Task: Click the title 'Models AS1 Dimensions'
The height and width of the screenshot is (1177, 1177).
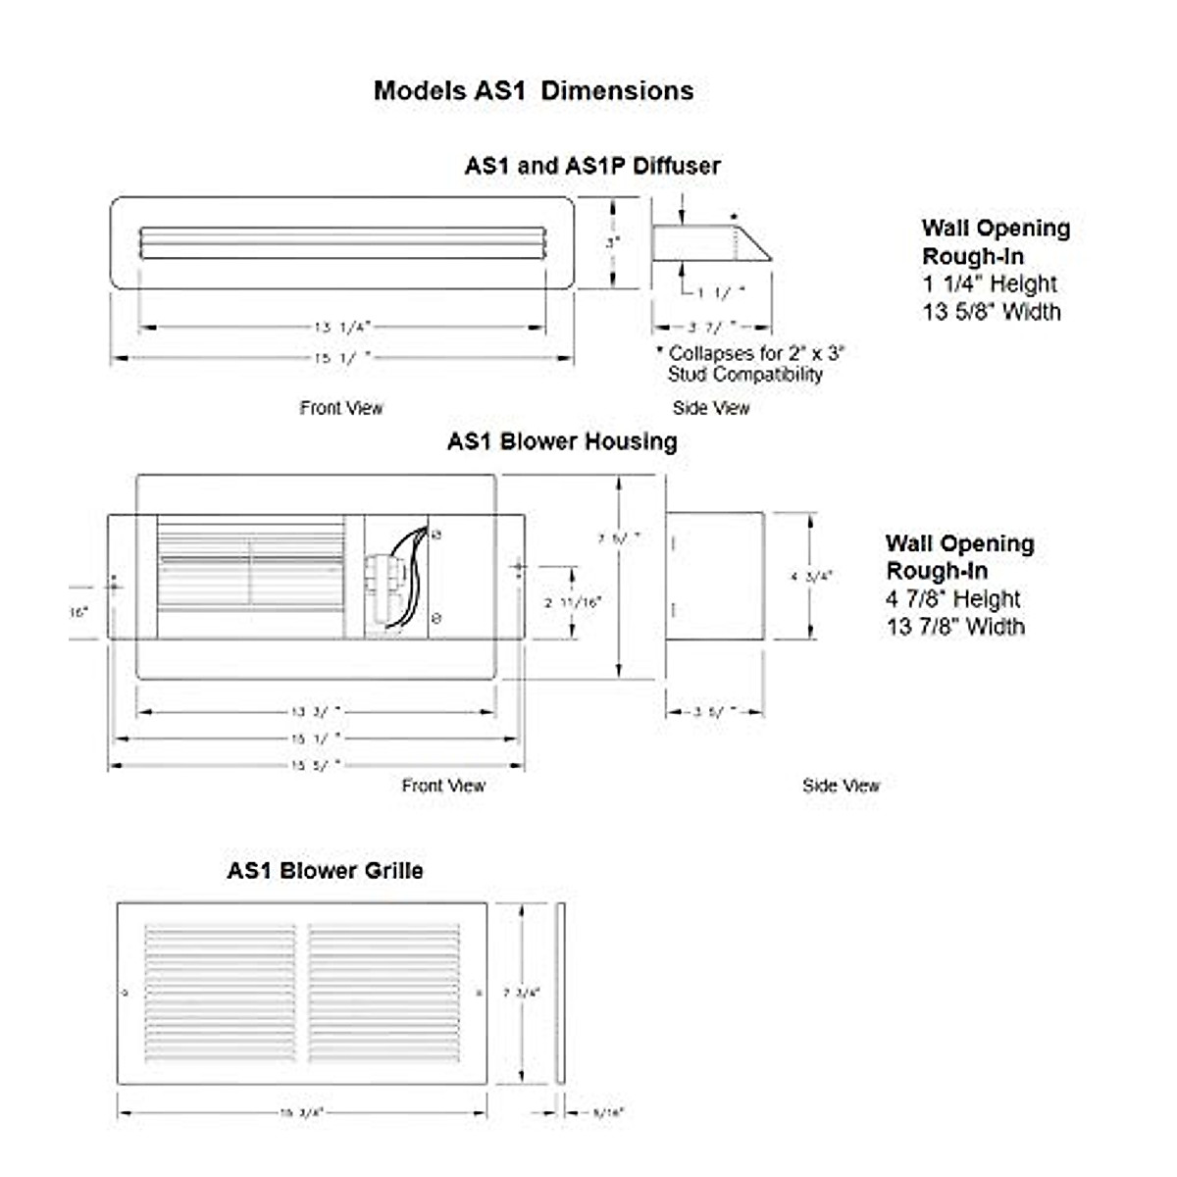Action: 534,91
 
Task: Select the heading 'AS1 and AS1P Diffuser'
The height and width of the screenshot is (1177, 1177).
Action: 592,166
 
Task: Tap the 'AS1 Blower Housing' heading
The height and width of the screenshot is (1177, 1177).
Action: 562,441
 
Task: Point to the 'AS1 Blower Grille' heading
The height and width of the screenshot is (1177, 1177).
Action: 325,870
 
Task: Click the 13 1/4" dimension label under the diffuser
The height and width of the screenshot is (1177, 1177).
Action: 342,327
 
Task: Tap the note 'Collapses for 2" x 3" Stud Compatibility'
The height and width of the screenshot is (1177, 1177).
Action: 749,363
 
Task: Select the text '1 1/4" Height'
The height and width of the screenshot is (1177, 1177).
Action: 990,284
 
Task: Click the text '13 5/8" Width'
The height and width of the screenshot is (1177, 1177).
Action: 991,312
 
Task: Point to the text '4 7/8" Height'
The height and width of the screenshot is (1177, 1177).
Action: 953,598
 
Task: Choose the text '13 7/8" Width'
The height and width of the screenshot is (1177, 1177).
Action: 955,626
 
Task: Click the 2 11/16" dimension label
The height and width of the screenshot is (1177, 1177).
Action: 573,602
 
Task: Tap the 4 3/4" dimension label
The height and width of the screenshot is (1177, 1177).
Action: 811,577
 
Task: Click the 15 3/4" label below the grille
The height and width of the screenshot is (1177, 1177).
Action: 301,1112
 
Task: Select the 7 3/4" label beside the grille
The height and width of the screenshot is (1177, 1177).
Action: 521,993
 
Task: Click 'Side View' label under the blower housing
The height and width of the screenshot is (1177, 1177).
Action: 841,786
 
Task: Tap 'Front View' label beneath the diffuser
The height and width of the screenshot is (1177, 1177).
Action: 341,408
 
